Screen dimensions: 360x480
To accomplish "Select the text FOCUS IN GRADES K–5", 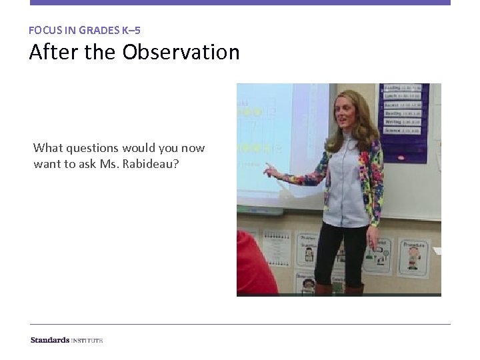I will pyautogui.click(x=85, y=30).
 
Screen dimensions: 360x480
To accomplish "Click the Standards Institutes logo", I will pyautogui.click(x=67, y=340).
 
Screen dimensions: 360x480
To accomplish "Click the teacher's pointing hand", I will pyautogui.click(x=269, y=171).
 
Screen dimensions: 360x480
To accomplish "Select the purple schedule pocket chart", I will pyautogui.click(x=404, y=121).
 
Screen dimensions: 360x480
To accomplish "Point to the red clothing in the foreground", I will pyautogui.click(x=254, y=267).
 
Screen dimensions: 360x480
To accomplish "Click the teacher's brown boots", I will pyautogui.click(x=341, y=289).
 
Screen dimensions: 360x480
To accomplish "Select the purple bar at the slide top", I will pyautogui.click(x=240, y=3).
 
